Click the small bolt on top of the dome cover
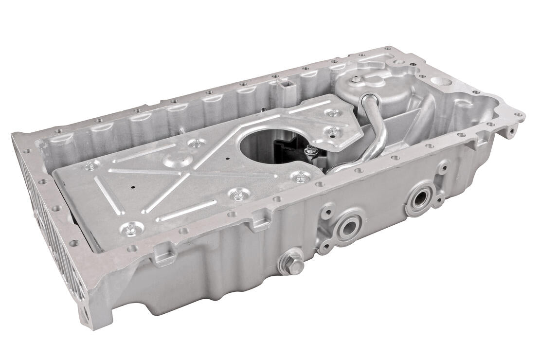[357, 79]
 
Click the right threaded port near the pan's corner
[419, 198]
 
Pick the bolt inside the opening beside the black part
[309, 151]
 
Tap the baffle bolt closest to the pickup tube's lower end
[300, 178]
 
